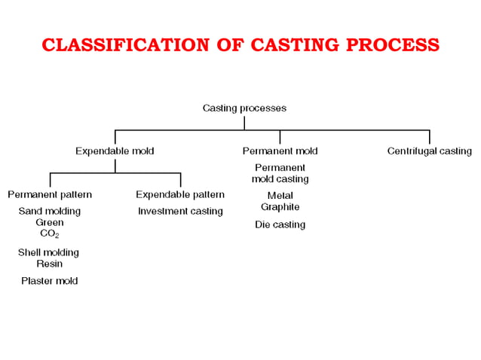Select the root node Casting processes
coord(244,108)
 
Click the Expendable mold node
coord(115,151)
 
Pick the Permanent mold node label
coord(280,151)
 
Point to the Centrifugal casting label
coord(429,151)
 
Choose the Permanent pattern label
coord(50,194)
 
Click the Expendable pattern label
coord(180,194)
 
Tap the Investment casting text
coord(180,211)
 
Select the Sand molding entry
coord(50,211)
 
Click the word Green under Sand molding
coord(50,222)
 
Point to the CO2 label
coord(50,234)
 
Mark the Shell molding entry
coord(48,252)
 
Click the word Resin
coord(50,264)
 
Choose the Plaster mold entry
coord(49,281)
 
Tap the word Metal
coord(280,195)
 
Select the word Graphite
coord(280,206)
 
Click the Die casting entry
coord(280,224)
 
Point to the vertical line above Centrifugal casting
coord(430,136)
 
